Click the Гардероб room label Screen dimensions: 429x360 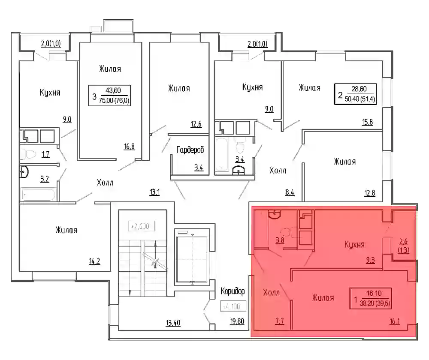[x=190, y=150]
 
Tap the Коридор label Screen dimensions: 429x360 [x=233, y=291]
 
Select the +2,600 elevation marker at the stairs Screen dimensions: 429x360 [x=140, y=226]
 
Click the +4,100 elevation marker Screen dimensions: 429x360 [x=233, y=306]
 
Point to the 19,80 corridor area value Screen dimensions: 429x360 [x=237, y=321]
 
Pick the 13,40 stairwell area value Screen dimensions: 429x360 [x=173, y=323]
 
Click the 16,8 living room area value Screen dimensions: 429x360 [x=129, y=147]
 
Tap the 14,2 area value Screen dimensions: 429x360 [x=94, y=261]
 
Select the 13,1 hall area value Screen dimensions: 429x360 [x=154, y=192]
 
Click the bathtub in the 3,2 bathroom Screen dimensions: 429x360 [x=38, y=195]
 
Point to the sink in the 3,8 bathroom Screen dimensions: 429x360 [x=274, y=214]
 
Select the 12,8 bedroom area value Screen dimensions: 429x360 [x=370, y=194]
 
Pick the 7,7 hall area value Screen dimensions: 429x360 [x=280, y=321]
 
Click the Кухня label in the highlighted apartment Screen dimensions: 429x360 [x=354, y=244]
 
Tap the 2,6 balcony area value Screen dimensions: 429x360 [x=404, y=242]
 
